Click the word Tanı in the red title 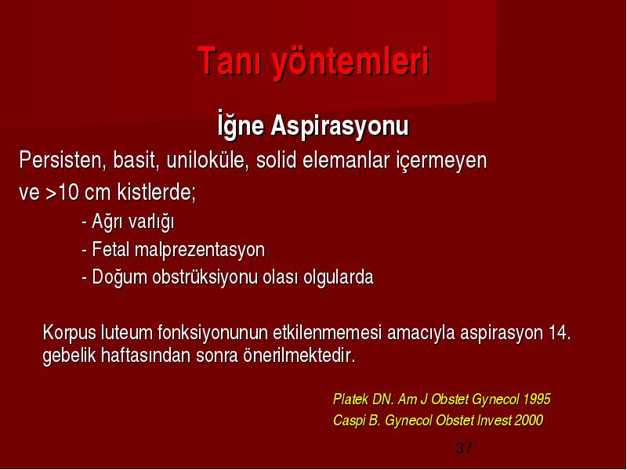pyautogui.click(x=230, y=60)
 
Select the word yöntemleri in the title pyautogui.click(x=351, y=63)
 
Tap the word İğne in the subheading pyautogui.click(x=241, y=124)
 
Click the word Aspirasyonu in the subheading pyautogui.click(x=340, y=127)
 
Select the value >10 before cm pyautogui.click(x=62, y=192)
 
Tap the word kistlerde pyautogui.click(x=156, y=192)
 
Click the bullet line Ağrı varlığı pyautogui.click(x=128, y=222)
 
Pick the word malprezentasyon pyautogui.click(x=200, y=250)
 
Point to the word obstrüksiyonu pyautogui.click(x=205, y=277)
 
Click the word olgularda pyautogui.click(x=339, y=278)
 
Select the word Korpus pyautogui.click(x=70, y=334)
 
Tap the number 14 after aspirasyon pyautogui.click(x=559, y=332)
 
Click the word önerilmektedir pyautogui.click(x=299, y=355)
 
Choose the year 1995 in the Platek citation pyautogui.click(x=537, y=399)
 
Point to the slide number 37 pyautogui.click(x=463, y=447)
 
